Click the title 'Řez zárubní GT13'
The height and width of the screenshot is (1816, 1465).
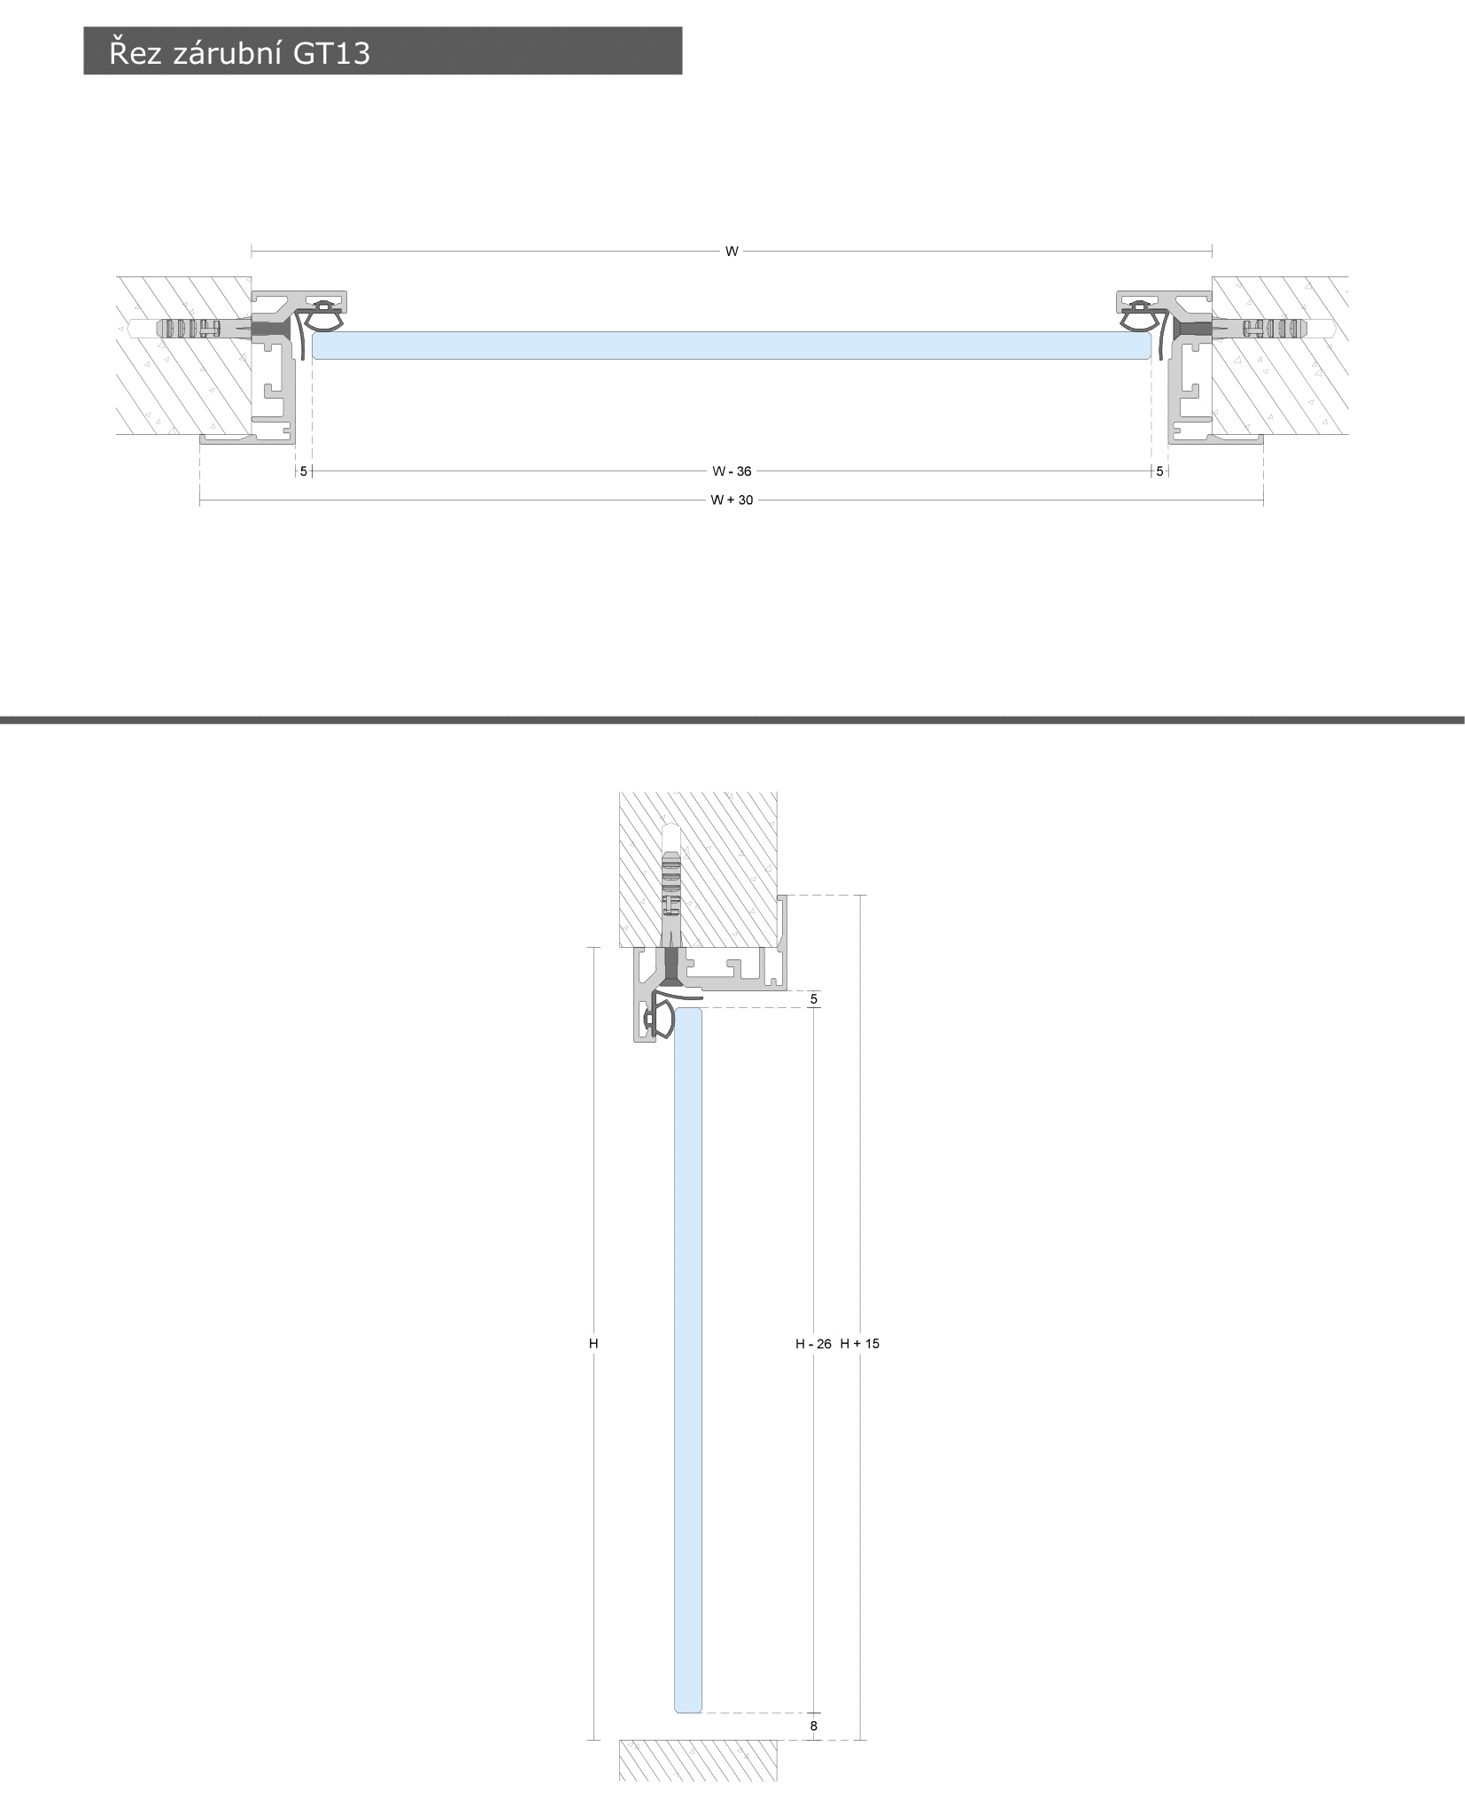pyautogui.click(x=239, y=52)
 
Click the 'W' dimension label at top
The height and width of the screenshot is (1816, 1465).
pyautogui.click(x=732, y=252)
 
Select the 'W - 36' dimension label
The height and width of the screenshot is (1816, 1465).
pyautogui.click(x=732, y=471)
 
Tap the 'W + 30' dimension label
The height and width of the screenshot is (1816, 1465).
pyautogui.click(x=732, y=501)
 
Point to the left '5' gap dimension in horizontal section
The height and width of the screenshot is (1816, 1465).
pyautogui.click(x=304, y=471)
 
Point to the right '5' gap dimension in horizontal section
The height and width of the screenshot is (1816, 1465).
pyautogui.click(x=1159, y=471)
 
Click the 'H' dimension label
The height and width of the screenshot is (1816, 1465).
pyautogui.click(x=593, y=1344)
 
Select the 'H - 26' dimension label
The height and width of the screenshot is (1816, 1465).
pyautogui.click(x=813, y=1344)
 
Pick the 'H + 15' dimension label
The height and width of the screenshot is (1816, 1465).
pyautogui.click(x=860, y=1344)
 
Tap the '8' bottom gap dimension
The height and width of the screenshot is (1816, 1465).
pyautogui.click(x=814, y=1726)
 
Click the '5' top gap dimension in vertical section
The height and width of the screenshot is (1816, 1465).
pyautogui.click(x=814, y=999)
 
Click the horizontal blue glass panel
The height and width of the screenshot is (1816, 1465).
pyautogui.click(x=732, y=345)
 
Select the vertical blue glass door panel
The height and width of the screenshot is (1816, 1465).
pyautogui.click(x=688, y=1360)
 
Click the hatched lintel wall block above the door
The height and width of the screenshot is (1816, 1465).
pyautogui.click(x=698, y=869)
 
